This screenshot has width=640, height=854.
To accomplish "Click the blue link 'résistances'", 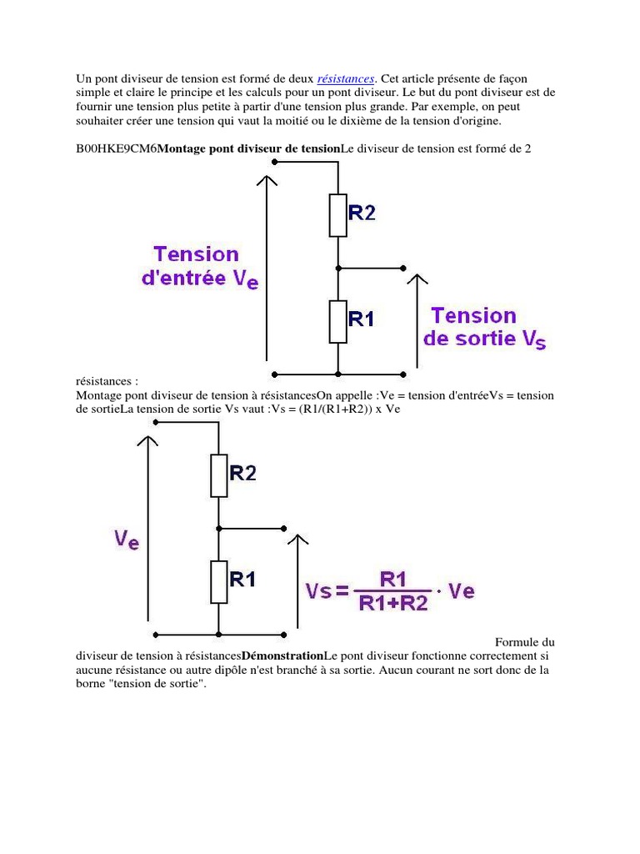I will [x=346, y=78].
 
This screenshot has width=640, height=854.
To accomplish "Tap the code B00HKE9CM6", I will [x=116, y=148].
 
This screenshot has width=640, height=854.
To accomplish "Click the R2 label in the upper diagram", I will [x=361, y=213].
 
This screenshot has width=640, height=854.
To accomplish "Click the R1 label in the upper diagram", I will [x=361, y=319].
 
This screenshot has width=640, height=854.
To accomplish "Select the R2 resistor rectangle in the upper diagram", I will [x=337, y=215].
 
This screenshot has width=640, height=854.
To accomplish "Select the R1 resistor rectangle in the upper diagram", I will [x=337, y=322].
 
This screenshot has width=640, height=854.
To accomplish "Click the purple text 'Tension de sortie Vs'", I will [x=484, y=328].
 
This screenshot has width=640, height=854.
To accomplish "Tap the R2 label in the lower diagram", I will [x=242, y=473].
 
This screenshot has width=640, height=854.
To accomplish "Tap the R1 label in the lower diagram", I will [x=242, y=579].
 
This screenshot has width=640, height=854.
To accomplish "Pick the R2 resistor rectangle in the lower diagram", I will [x=218, y=475].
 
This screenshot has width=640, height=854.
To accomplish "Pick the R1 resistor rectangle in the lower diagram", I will [x=218, y=581].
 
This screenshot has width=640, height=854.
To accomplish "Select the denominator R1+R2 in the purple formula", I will [x=393, y=603].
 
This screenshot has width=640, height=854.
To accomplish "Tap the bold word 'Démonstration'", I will [x=282, y=656].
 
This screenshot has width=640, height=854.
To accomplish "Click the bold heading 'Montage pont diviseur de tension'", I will [x=249, y=148].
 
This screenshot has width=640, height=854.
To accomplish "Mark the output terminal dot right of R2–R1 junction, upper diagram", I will [x=403, y=269].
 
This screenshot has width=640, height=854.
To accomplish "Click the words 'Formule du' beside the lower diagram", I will [x=524, y=642].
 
